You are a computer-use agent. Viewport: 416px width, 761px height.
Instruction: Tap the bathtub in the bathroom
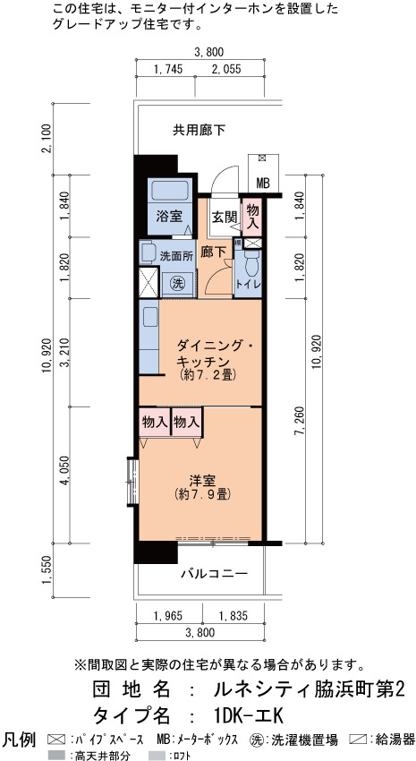pyautogui.click(x=169, y=191)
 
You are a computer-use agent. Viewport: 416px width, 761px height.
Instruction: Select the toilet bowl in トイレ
pyautogui.click(x=251, y=264)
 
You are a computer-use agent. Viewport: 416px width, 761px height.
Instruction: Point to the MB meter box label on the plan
pyautogui.click(x=263, y=184)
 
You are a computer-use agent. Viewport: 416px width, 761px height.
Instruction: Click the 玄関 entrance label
pyautogui.click(x=223, y=217)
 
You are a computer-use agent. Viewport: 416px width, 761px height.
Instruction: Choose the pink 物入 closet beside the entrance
pyautogui.click(x=252, y=216)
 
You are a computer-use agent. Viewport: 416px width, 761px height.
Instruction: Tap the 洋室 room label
pyautogui.click(x=202, y=481)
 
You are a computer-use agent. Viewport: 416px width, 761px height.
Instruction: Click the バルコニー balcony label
pyautogui.click(x=215, y=574)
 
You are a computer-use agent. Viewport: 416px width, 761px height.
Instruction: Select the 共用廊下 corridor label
pyautogui.click(x=200, y=130)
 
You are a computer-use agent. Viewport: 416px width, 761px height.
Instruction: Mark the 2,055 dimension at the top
pyautogui.click(x=226, y=69)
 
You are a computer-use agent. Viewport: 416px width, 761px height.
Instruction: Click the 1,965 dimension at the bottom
pyautogui.click(x=168, y=616)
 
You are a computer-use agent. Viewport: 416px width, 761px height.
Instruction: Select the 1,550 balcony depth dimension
pyautogui.click(x=47, y=571)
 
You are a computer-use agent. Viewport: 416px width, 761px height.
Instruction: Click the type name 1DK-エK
pyautogui.click(x=247, y=715)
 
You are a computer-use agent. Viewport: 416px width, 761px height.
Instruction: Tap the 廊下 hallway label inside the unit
pyautogui.click(x=213, y=252)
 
